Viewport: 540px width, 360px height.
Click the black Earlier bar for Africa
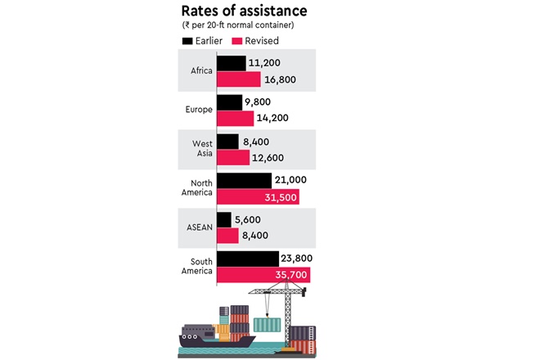pyautogui.click(x=232, y=62)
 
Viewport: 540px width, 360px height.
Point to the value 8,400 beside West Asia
pyautogui.click(x=262, y=142)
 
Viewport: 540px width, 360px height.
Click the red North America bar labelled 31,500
pyautogui.click(x=259, y=196)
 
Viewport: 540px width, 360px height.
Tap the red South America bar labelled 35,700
pyautogui.click(x=263, y=275)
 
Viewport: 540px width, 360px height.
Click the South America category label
pyautogui.click(x=196, y=266)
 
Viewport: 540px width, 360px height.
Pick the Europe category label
pyautogui.click(x=199, y=110)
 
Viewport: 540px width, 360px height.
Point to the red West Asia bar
pyautogui.click(x=234, y=157)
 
